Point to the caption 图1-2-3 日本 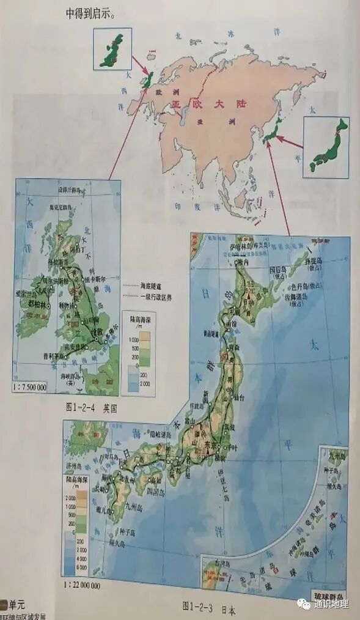pos(208,607)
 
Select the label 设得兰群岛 pos(66,190)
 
